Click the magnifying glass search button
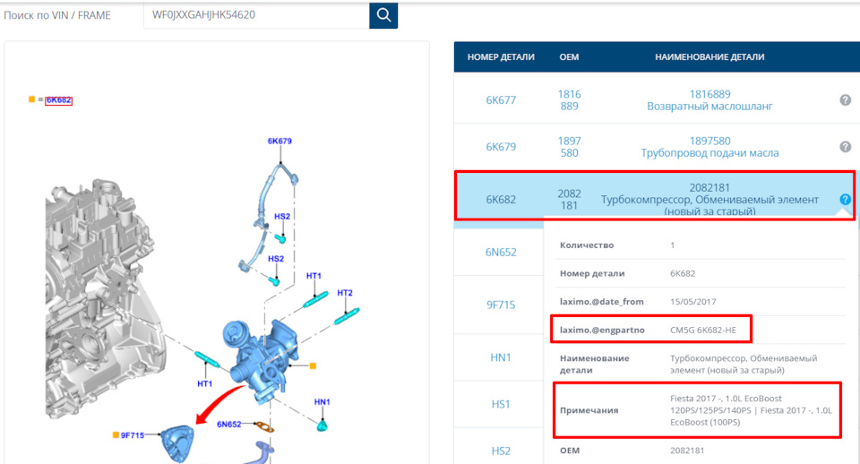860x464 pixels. tap(383, 15)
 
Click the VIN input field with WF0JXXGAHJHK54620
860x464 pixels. tap(256, 15)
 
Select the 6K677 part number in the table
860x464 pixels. tap(501, 100)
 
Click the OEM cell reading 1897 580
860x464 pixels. tap(570, 147)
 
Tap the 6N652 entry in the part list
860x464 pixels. tap(501, 253)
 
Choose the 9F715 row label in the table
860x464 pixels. tap(501, 305)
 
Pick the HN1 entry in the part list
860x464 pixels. tap(501, 357)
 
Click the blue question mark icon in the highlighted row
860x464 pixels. tap(845, 200)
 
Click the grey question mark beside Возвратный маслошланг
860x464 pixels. tap(845, 99)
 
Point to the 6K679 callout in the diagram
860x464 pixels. tap(279, 141)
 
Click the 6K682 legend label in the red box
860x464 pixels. tap(59, 99)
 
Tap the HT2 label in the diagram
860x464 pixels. tap(345, 293)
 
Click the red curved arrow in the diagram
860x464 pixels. tap(219, 404)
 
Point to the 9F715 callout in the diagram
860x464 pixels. tap(133, 435)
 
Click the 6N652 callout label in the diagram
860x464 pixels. tap(228, 424)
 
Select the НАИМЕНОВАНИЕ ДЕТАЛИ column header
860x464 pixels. tap(709, 57)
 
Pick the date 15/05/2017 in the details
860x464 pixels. tap(693, 302)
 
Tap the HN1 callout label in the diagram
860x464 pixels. tap(322, 402)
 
